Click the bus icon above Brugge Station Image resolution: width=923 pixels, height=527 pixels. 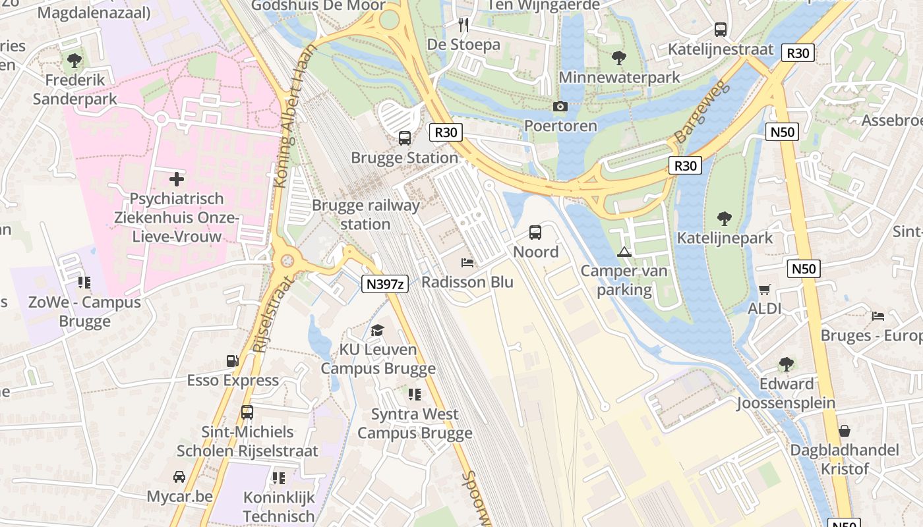[404, 138]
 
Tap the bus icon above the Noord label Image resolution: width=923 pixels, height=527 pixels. [535, 233]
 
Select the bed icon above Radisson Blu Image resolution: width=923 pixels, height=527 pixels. [467, 263]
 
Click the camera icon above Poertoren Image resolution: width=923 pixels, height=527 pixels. [560, 106]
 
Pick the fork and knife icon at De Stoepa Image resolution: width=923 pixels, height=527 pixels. [463, 25]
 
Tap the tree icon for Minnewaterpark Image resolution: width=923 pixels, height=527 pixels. [618, 58]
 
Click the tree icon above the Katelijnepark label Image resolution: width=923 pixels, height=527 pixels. [724, 219]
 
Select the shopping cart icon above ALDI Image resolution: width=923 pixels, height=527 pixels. [765, 289]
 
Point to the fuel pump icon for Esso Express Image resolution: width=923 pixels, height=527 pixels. [232, 361]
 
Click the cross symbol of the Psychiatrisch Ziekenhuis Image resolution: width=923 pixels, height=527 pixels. [177, 179]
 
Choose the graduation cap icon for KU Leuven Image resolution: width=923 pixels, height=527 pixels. [377, 330]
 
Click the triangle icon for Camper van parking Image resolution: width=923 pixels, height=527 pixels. [624, 252]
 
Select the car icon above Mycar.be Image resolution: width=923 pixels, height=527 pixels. [179, 476]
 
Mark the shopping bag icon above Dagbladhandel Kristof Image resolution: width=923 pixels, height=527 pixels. [844, 431]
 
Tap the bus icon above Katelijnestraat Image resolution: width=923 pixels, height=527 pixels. [720, 30]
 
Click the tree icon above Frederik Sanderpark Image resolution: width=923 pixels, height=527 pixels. [74, 61]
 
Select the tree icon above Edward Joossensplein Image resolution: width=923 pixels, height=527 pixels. [786, 364]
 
